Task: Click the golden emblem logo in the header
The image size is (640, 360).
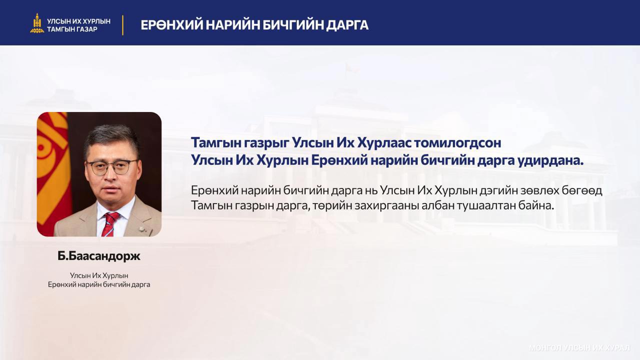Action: point(37,23)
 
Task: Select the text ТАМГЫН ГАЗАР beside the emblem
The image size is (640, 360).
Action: point(72,29)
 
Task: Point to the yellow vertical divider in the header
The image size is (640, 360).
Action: point(123,25)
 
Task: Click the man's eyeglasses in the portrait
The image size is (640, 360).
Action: point(112,167)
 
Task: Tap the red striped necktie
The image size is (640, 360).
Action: point(110,224)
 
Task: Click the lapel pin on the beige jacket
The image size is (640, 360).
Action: point(141,228)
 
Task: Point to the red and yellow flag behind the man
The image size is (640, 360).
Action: point(54,171)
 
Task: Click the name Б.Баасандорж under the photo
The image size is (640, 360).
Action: point(99,256)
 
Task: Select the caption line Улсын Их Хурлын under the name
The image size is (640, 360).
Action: point(99,275)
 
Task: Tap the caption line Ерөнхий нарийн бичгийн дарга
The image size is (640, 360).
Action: point(99,284)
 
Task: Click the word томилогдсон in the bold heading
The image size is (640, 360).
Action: point(457,142)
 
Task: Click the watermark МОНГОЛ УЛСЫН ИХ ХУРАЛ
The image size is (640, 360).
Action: point(579,348)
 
